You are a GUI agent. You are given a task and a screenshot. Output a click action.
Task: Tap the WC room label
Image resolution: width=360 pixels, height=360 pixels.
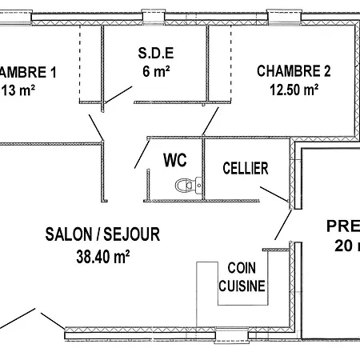[175, 160]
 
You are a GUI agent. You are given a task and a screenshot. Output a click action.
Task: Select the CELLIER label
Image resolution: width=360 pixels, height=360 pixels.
[246, 169]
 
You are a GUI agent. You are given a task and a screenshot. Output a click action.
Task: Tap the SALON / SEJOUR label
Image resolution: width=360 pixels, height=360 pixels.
[102, 235]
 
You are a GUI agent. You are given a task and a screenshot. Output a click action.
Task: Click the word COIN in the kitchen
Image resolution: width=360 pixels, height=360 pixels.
[242, 269]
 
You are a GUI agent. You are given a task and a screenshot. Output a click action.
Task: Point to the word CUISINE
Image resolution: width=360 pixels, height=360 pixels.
[242, 286]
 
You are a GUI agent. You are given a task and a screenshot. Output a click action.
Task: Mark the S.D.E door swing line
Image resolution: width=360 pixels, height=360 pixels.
[118, 93]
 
